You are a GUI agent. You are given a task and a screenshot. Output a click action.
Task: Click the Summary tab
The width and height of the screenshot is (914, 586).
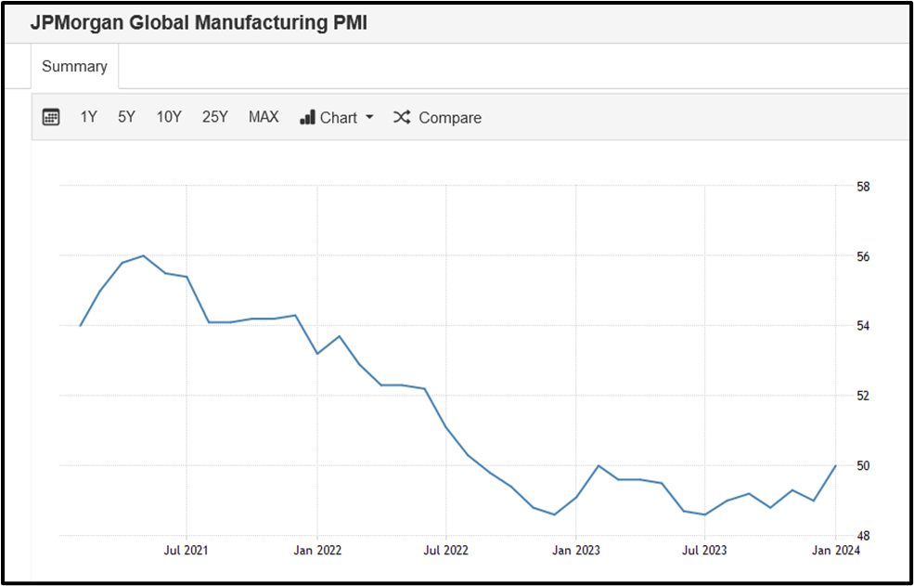[x=74, y=67]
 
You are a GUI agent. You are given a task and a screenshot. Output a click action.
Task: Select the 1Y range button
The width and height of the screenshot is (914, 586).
[x=88, y=117]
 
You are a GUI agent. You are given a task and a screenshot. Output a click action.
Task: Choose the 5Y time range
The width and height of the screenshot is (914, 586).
[x=126, y=117]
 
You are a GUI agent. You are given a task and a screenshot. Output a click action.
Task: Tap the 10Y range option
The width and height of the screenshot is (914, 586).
[x=169, y=117]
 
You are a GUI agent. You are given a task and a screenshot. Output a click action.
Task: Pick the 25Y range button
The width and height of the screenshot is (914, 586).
[x=214, y=117]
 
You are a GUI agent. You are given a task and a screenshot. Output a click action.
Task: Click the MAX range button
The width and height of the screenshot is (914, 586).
[x=264, y=117]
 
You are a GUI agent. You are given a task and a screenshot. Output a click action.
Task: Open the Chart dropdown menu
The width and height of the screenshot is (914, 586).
[x=337, y=118]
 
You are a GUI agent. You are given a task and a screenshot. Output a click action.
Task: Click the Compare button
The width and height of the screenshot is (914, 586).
[x=438, y=118]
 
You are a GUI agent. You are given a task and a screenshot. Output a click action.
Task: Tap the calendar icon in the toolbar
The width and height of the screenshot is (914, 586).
[x=51, y=117]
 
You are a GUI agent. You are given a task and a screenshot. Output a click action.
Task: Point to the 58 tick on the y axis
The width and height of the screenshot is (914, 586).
[x=863, y=187]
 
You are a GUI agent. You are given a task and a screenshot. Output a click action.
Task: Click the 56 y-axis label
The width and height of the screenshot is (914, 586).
[x=863, y=256]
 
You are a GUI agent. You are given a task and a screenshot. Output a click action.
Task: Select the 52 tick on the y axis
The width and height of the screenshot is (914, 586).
[x=863, y=396]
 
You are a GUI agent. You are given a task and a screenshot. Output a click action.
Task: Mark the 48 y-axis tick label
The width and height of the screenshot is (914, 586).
[x=863, y=536]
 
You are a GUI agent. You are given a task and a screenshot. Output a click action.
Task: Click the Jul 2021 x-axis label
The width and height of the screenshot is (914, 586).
[x=187, y=550]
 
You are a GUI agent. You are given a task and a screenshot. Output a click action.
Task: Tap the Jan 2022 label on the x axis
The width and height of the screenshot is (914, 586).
[x=317, y=550]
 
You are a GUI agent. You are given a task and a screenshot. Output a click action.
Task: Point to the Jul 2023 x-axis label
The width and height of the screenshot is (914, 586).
[x=704, y=550]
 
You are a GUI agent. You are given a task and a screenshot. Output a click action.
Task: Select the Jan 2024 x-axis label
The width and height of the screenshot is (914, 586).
[x=835, y=550]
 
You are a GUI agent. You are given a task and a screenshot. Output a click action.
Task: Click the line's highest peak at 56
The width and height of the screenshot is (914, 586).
[x=143, y=255]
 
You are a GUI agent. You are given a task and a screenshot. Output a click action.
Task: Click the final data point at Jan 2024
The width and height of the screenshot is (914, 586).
[x=835, y=465]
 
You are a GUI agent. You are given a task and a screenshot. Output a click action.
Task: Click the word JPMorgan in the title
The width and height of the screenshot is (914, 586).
[x=76, y=23]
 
